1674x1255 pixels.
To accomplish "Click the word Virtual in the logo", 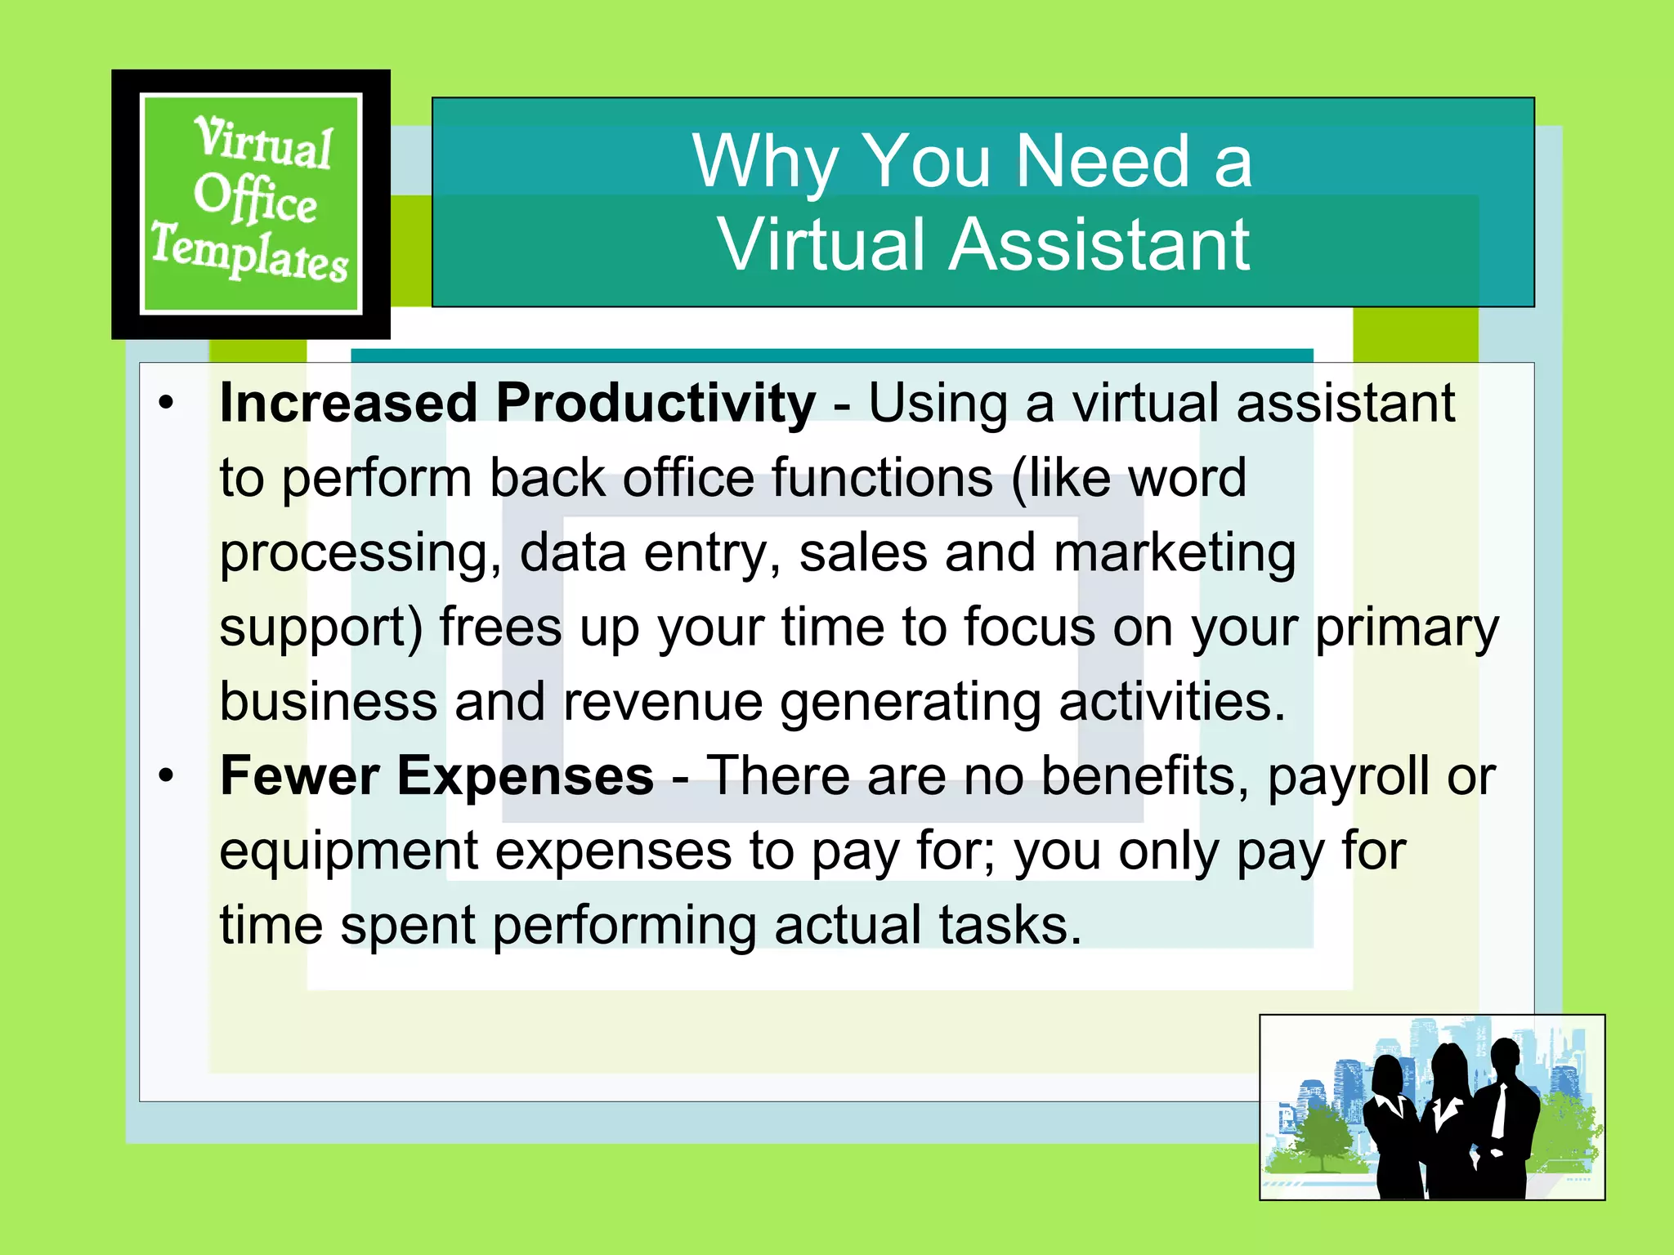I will click(x=263, y=143).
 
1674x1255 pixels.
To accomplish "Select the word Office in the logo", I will click(x=255, y=198).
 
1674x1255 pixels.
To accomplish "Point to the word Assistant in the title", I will click(x=1099, y=244).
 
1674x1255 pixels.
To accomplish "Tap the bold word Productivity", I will click(x=656, y=403).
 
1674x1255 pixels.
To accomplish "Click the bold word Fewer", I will click(x=299, y=775).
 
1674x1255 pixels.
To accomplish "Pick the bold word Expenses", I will click(x=526, y=777).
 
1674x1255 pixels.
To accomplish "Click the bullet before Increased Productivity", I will click(x=167, y=403).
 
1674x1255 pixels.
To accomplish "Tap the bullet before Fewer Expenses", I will click(x=167, y=775).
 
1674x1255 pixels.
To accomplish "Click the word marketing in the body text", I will click(x=1175, y=554).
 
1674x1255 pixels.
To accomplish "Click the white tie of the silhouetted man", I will click(x=1499, y=1110).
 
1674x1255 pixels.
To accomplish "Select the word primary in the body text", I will click(x=1407, y=628).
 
